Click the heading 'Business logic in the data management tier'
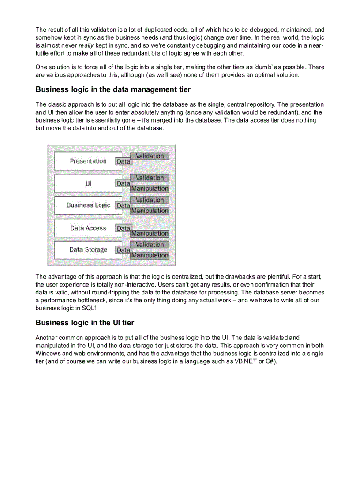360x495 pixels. [113, 90]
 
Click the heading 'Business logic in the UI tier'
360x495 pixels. [85, 323]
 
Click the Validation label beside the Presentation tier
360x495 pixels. [150, 156]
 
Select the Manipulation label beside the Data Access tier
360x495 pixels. [150, 234]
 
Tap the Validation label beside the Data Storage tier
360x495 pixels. [150, 245]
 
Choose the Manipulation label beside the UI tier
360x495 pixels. [150, 189]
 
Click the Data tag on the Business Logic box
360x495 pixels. [124, 206]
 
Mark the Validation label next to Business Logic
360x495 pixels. [150, 200]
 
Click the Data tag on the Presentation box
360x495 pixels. [124, 162]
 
